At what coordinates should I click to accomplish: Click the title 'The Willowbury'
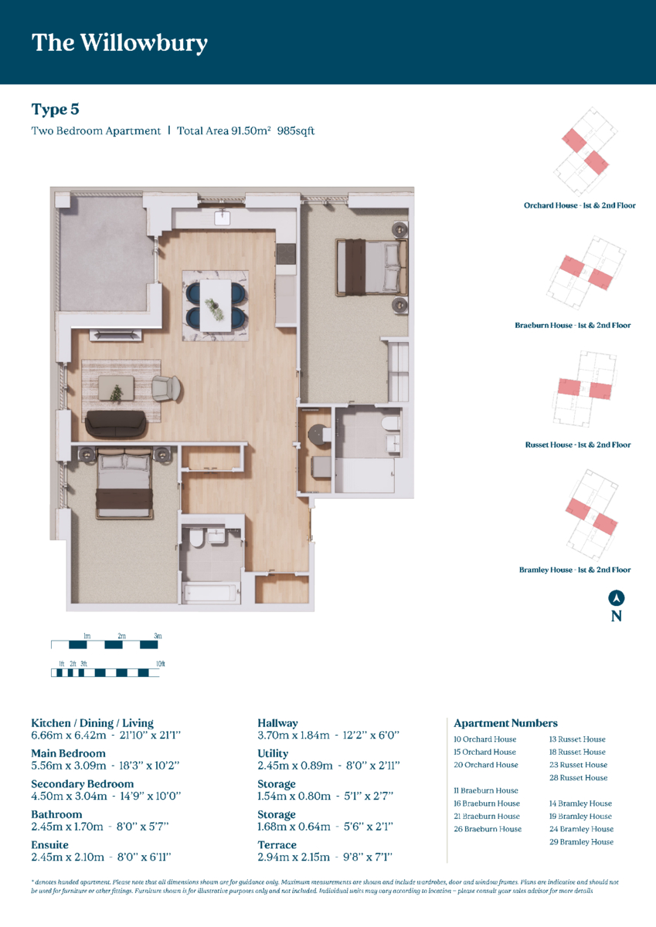tap(119, 43)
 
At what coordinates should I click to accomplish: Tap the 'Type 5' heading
tap(55, 110)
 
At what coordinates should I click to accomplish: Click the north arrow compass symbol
tap(617, 598)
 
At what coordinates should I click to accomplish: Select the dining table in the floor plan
tap(216, 306)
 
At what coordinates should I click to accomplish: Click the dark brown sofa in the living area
tap(116, 425)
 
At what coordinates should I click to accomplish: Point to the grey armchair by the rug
tap(166, 388)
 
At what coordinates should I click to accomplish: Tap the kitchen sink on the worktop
tap(222, 217)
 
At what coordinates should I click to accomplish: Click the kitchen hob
tap(287, 254)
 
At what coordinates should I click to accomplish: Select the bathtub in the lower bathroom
tap(211, 593)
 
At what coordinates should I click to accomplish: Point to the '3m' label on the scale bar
tap(158, 636)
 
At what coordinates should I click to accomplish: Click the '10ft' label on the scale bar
tap(161, 664)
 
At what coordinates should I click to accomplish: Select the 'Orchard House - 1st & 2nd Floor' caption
tap(580, 205)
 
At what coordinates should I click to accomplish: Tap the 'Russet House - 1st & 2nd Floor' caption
tap(578, 445)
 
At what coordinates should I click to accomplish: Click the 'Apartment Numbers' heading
tap(505, 723)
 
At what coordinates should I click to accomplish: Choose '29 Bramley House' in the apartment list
tap(581, 842)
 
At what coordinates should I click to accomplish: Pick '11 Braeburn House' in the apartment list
tap(486, 790)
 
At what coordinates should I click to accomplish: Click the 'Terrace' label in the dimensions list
tap(277, 844)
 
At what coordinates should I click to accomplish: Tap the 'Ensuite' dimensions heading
tap(49, 844)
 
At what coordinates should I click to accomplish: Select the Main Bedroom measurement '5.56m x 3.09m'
tap(69, 766)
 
